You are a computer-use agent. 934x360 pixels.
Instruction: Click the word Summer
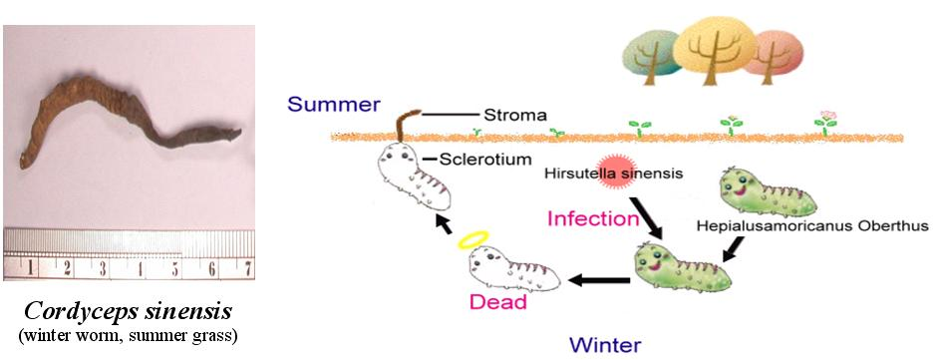(x=334, y=105)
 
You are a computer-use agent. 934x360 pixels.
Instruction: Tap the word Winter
(x=605, y=344)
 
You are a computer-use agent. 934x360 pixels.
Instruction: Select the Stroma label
(x=514, y=114)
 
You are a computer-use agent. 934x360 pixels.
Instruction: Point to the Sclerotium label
(x=484, y=160)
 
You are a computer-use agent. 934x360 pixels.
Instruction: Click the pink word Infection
(x=593, y=218)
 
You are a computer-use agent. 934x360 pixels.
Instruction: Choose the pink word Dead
(x=498, y=301)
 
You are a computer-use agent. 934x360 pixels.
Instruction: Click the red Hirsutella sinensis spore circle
(x=615, y=173)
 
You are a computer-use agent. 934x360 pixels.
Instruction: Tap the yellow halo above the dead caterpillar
(x=472, y=239)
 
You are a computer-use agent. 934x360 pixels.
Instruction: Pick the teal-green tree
(x=651, y=57)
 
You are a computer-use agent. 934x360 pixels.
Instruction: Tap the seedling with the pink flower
(x=825, y=125)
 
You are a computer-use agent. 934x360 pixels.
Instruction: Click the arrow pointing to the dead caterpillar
(x=600, y=279)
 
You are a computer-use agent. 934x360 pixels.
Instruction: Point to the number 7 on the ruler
(x=246, y=269)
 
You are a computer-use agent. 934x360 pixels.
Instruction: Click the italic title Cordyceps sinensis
(x=128, y=312)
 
